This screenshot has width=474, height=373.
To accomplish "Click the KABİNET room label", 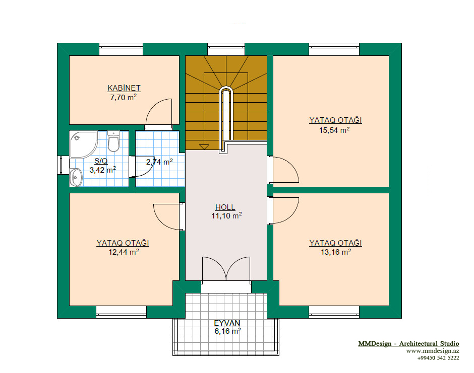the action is [x=124, y=88].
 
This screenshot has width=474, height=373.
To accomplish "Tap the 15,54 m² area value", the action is [x=334, y=130].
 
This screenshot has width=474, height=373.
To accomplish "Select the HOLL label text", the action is [x=225, y=207].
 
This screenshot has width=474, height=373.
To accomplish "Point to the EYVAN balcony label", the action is [x=227, y=323].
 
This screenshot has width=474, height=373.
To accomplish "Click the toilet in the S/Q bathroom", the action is [x=113, y=141].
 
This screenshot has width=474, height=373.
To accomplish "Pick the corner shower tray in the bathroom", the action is [x=83, y=144].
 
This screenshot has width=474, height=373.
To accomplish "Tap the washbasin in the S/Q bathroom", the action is [x=76, y=177].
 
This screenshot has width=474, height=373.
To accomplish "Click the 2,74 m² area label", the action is [x=159, y=162].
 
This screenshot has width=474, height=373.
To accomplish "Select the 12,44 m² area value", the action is [x=124, y=252].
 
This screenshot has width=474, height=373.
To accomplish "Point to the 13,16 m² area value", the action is [x=335, y=252].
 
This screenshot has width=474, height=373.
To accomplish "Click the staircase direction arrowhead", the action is [x=204, y=147].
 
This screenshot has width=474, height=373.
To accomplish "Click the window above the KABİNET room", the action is [x=121, y=49].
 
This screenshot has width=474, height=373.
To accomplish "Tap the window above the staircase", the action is [x=226, y=49].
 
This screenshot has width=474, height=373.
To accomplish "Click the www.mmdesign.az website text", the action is [x=433, y=351].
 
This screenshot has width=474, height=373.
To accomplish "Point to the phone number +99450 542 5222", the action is [x=438, y=358].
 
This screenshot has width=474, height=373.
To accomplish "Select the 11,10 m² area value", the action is [x=226, y=216].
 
